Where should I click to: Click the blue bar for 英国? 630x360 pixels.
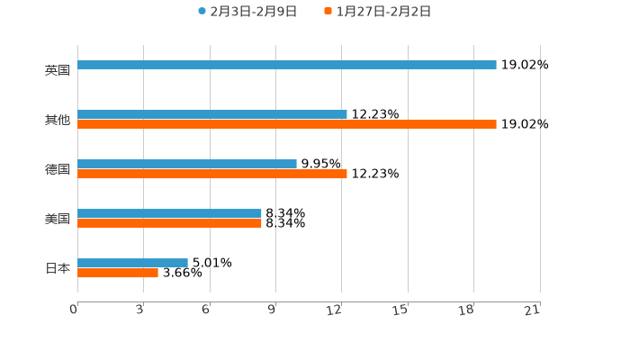coord(286,65)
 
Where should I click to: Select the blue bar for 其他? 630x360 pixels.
coord(212,114)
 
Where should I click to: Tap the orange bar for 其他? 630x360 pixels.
coord(286,124)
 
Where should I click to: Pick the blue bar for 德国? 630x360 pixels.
coord(187,164)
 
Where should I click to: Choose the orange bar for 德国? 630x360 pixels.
coord(212,174)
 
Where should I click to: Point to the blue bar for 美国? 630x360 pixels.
coord(169,213)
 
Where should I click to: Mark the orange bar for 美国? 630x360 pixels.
coord(169,223)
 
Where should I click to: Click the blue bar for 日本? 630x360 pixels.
coord(132,263)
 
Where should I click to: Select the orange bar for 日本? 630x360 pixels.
coord(118,273)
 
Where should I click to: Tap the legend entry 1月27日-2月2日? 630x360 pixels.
coord(383,12)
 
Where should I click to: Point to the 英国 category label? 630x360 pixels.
coord(58,70)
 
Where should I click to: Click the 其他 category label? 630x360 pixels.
coord(58,120)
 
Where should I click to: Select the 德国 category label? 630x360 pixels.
coord(58,169)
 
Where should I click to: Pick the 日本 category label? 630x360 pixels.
coord(58,268)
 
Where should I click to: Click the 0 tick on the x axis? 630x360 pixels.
coord(74,310)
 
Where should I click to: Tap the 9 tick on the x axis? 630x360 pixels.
coord(272,310)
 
